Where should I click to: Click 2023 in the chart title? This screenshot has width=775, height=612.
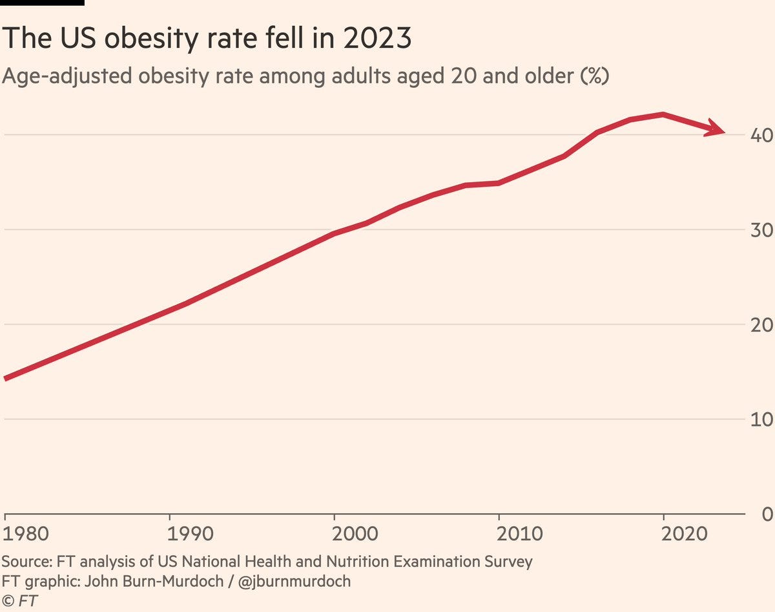[x=377, y=39]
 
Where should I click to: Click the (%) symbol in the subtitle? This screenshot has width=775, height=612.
[x=594, y=76]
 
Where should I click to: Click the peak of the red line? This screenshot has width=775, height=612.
[x=663, y=114]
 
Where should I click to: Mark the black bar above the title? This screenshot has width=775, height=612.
[x=42, y=3]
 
